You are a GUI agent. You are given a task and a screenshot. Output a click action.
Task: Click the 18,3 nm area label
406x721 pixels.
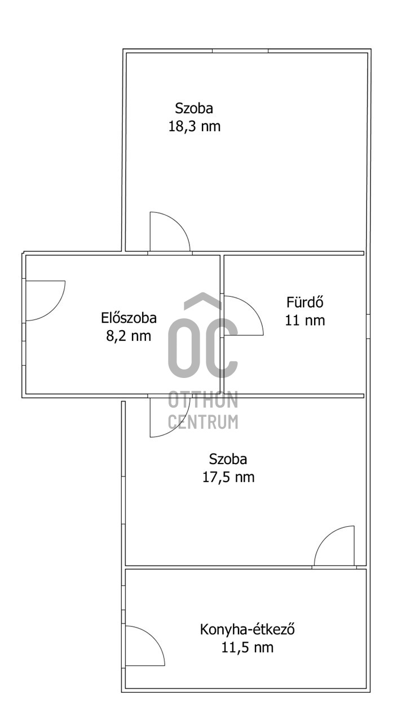(195, 126)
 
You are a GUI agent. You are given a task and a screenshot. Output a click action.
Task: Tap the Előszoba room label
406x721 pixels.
(129, 318)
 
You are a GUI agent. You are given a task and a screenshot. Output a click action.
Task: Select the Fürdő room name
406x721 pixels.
(305, 302)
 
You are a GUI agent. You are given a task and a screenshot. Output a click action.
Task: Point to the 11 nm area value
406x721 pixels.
(305, 321)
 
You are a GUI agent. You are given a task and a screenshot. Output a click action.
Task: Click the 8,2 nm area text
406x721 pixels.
(129, 336)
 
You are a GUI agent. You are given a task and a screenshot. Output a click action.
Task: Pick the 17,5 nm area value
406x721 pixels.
(228, 477)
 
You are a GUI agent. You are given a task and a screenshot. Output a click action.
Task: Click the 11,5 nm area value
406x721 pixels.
(248, 647)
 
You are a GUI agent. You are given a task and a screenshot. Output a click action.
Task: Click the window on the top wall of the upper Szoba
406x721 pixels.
(240, 51)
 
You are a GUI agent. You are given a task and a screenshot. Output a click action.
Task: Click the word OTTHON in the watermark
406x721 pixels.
(203, 399)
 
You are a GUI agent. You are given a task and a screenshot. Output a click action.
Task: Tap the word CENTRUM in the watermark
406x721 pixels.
(203, 421)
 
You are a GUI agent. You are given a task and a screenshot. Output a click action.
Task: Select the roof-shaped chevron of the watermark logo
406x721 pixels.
(202, 300)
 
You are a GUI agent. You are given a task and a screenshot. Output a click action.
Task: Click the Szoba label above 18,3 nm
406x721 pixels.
(194, 108)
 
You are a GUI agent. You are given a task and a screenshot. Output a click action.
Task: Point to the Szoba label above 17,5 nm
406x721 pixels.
(228, 459)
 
